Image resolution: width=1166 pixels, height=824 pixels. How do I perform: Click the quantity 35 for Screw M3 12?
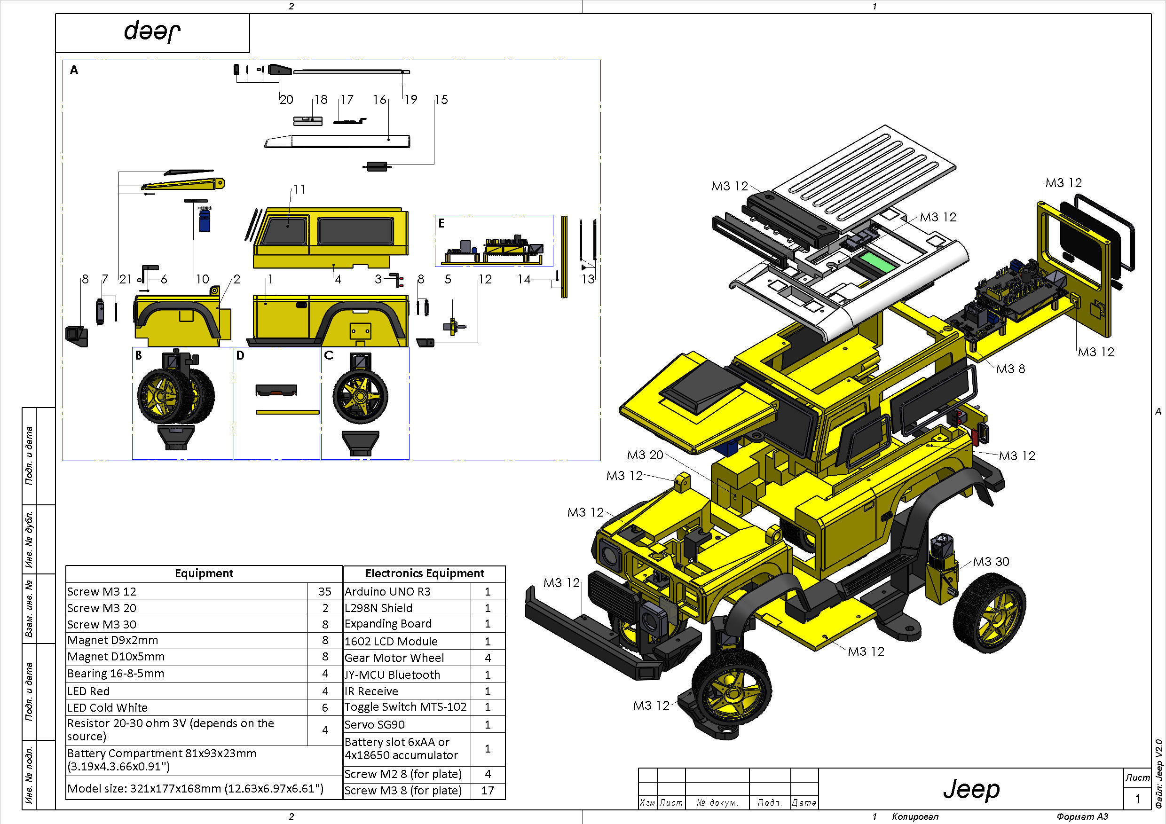tap(325, 591)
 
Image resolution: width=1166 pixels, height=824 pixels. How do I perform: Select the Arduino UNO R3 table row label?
tap(387, 591)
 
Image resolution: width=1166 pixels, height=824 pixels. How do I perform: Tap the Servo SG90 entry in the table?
tap(375, 724)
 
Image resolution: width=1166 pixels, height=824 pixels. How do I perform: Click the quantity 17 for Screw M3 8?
tap(488, 791)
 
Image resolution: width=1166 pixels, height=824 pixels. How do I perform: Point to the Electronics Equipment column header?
tap(425, 573)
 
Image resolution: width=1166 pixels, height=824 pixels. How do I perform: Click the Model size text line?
tap(195, 788)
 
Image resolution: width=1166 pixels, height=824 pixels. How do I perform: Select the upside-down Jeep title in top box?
tap(152, 31)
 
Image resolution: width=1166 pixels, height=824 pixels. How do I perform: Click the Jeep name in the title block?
tap(971, 790)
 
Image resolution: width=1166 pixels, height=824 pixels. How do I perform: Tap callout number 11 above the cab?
tap(299, 189)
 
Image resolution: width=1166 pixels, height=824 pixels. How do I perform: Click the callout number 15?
tap(441, 100)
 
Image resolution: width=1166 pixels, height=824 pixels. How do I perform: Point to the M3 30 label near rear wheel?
tap(991, 562)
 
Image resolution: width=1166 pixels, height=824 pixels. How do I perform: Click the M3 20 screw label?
tap(645, 455)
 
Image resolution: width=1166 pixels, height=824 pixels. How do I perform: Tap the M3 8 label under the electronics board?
tap(1010, 369)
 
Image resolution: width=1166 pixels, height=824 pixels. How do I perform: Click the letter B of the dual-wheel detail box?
tap(139, 355)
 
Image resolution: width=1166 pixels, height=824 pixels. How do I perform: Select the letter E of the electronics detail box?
tap(441, 223)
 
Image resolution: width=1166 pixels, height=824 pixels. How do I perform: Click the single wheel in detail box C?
tap(361, 395)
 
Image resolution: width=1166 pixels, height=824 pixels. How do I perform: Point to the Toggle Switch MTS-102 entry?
tap(405, 707)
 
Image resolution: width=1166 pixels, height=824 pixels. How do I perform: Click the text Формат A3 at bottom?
tap(1082, 816)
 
